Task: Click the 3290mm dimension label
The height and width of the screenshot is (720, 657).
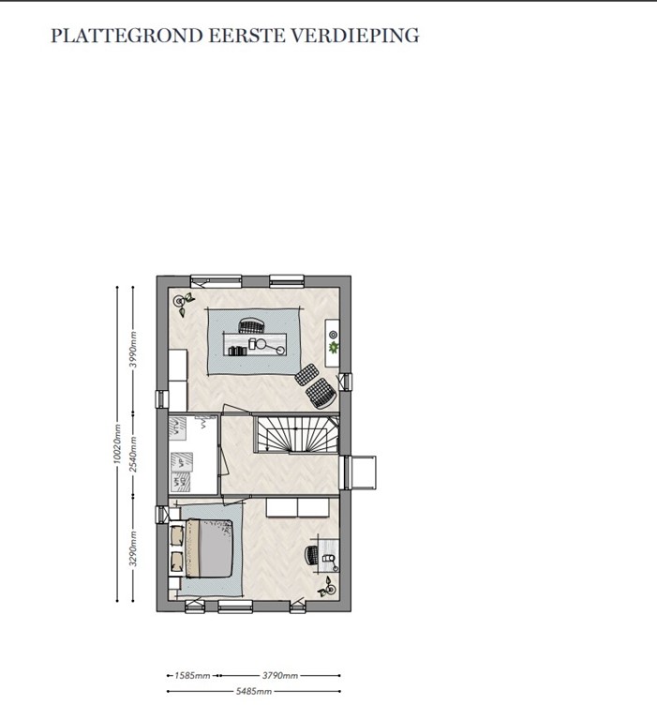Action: tap(134, 551)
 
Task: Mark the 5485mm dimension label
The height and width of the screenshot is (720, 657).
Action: tap(253, 692)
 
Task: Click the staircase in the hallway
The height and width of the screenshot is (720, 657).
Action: tap(295, 439)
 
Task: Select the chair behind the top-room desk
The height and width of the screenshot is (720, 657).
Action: tap(250, 325)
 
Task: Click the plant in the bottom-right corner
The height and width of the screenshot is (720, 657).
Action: tap(327, 588)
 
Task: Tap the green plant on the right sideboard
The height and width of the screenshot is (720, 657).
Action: tap(331, 348)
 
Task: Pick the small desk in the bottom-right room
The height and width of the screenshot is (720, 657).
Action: tap(323, 554)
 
